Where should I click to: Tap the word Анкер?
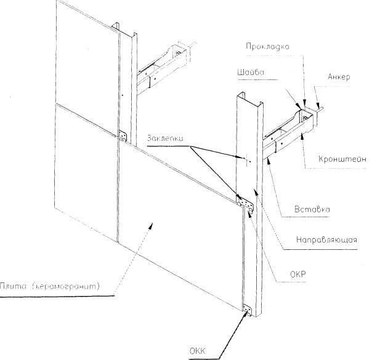[x=339, y=78]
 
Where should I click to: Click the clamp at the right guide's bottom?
[x=248, y=311]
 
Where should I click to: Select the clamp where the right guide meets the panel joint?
[x=248, y=203]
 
